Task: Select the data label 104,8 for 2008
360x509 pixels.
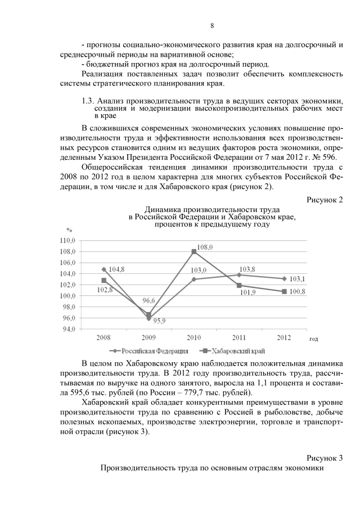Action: [117, 269]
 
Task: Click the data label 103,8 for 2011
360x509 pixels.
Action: [247, 269]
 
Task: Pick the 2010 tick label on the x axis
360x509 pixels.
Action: [193, 337]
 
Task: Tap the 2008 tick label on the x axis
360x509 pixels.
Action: [103, 337]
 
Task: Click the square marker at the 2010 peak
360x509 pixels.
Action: [194, 251]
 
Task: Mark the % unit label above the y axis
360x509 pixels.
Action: [69, 230]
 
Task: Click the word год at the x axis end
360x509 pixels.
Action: [313, 339]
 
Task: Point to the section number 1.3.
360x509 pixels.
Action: [88, 100]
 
